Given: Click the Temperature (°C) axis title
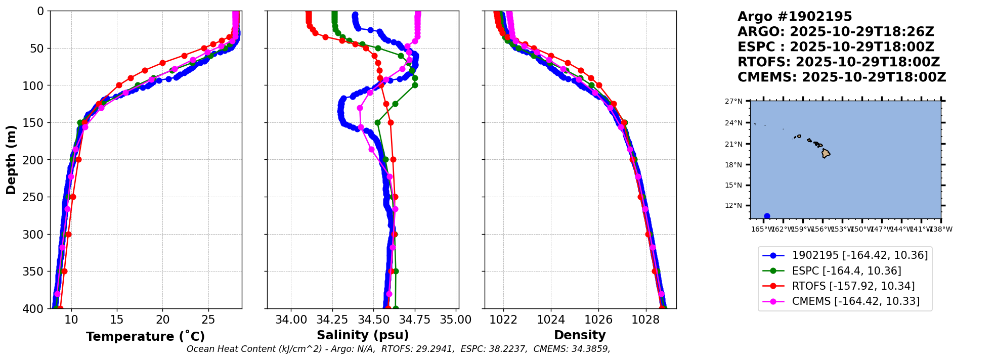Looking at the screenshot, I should (x=145, y=337).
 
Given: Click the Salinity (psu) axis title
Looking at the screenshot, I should (x=363, y=335).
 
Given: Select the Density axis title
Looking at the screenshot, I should (x=580, y=335).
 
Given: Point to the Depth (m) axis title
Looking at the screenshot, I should (x=11, y=159).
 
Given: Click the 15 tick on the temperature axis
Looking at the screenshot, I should (x=117, y=320).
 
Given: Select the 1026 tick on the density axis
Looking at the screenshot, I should (x=598, y=320).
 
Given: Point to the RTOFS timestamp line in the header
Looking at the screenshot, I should (x=838, y=62).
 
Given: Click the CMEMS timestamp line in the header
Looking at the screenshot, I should (x=841, y=77).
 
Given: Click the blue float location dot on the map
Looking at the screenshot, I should (x=767, y=216).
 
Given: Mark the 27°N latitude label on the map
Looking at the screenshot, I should (x=733, y=101).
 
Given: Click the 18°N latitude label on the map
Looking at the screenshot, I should (x=733, y=165).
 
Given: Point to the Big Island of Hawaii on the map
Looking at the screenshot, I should (x=826, y=153).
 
